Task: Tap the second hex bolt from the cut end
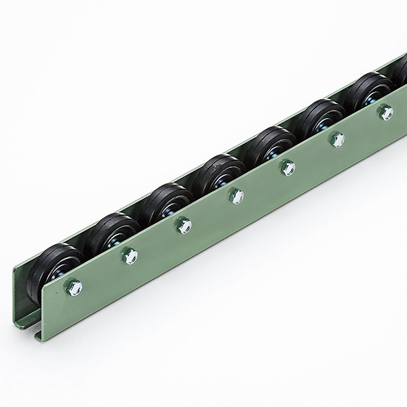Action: [x=130, y=255]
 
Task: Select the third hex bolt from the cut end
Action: [x=182, y=225]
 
